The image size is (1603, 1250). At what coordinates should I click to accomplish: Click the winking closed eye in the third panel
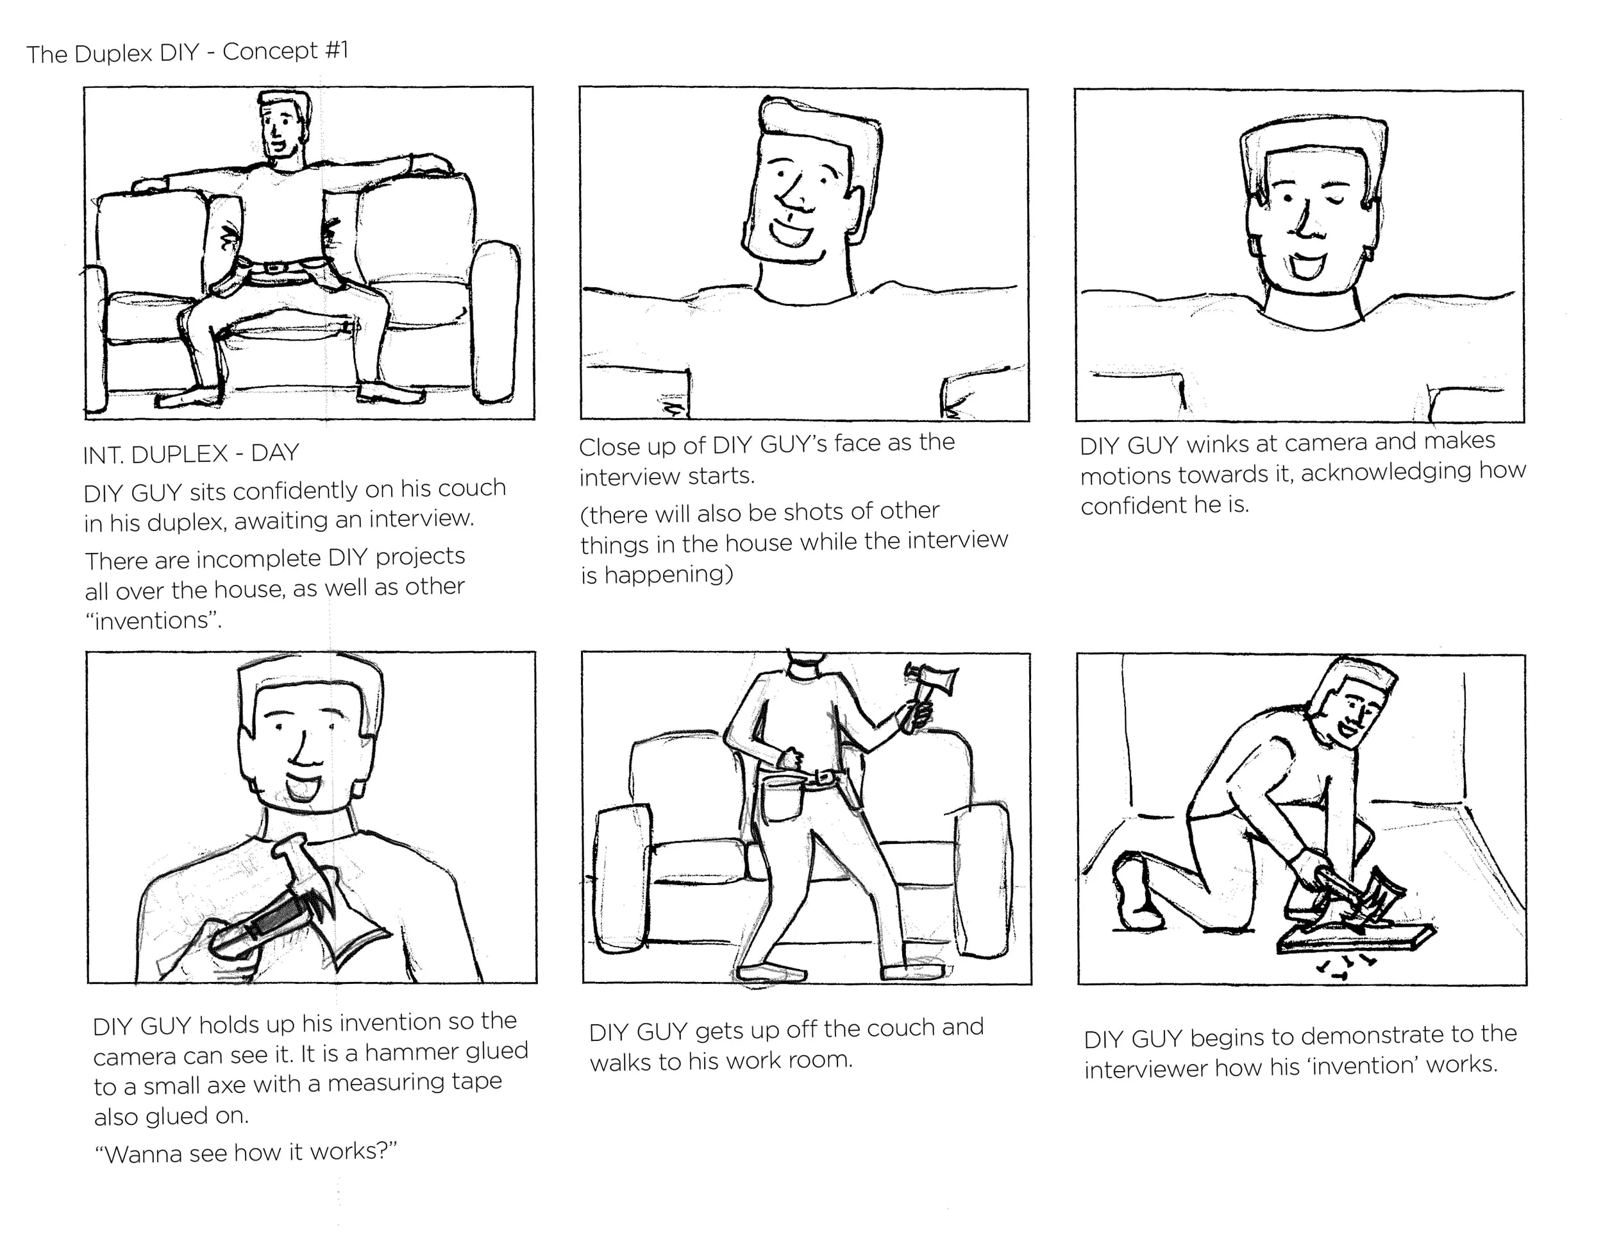point(1339,199)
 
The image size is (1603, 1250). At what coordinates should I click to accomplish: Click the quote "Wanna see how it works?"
point(245,1153)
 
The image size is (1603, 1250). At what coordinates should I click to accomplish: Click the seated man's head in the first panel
point(283,125)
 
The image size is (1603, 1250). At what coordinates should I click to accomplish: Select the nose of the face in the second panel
point(790,198)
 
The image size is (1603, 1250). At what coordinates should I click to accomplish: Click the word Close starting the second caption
point(607,446)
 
